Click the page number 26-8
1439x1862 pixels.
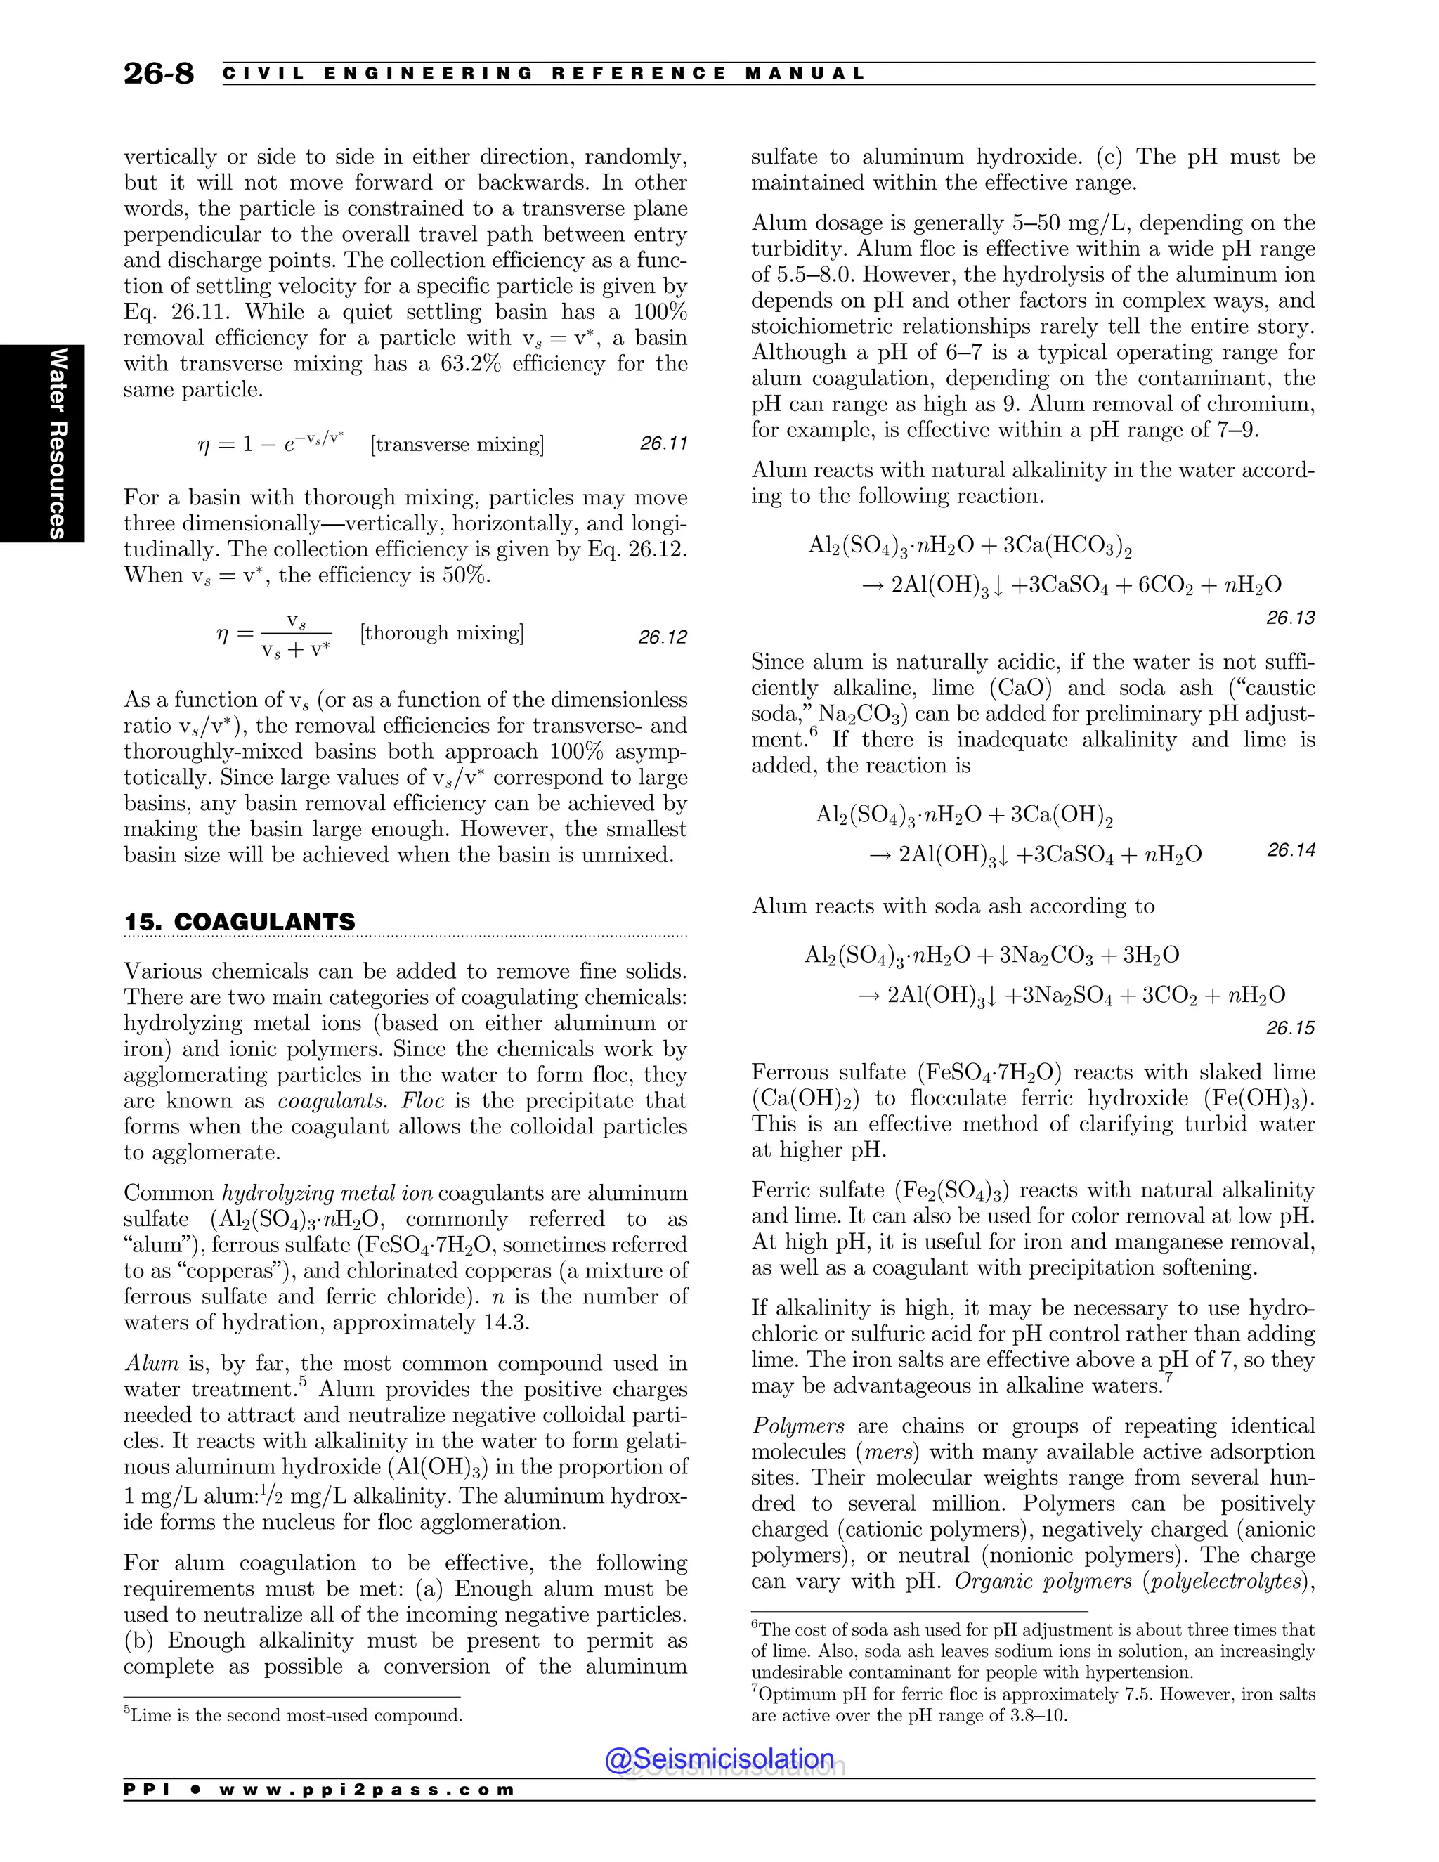159,74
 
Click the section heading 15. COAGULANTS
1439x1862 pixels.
239,922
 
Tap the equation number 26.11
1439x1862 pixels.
663,443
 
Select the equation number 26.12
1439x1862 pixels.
663,637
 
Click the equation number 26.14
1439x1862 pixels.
1291,850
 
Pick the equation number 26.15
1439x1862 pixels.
1290,1028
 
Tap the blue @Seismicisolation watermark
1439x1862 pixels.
719,1758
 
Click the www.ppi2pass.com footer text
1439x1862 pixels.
367,1790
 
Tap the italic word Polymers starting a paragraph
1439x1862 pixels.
798,1426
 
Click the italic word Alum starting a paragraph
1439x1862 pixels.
152,1363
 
